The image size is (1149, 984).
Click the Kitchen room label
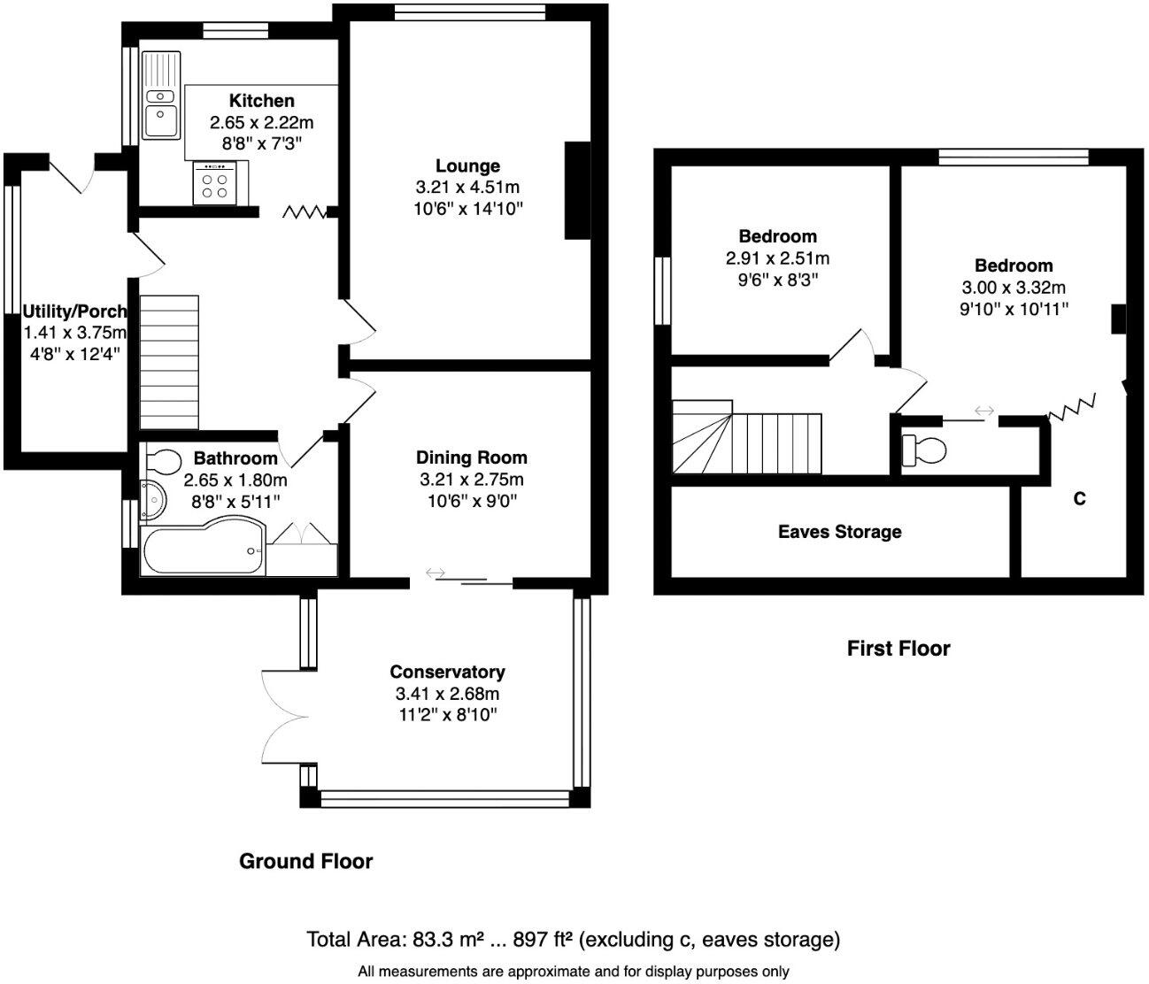(x=261, y=101)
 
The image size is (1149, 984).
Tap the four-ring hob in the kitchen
(x=213, y=185)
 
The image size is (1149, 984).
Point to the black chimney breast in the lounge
(x=577, y=190)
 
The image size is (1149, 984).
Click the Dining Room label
(x=471, y=457)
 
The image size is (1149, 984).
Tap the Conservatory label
(x=447, y=673)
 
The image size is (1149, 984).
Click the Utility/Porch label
(x=75, y=311)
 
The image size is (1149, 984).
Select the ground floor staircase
(x=169, y=362)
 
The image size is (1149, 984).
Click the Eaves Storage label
(x=839, y=532)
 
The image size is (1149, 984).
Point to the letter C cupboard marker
(x=1079, y=499)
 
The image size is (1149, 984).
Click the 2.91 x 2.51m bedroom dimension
(x=777, y=259)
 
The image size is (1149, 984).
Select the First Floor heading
(x=898, y=649)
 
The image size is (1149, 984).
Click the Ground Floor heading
(x=305, y=861)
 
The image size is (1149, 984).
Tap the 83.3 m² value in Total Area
(x=459, y=939)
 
